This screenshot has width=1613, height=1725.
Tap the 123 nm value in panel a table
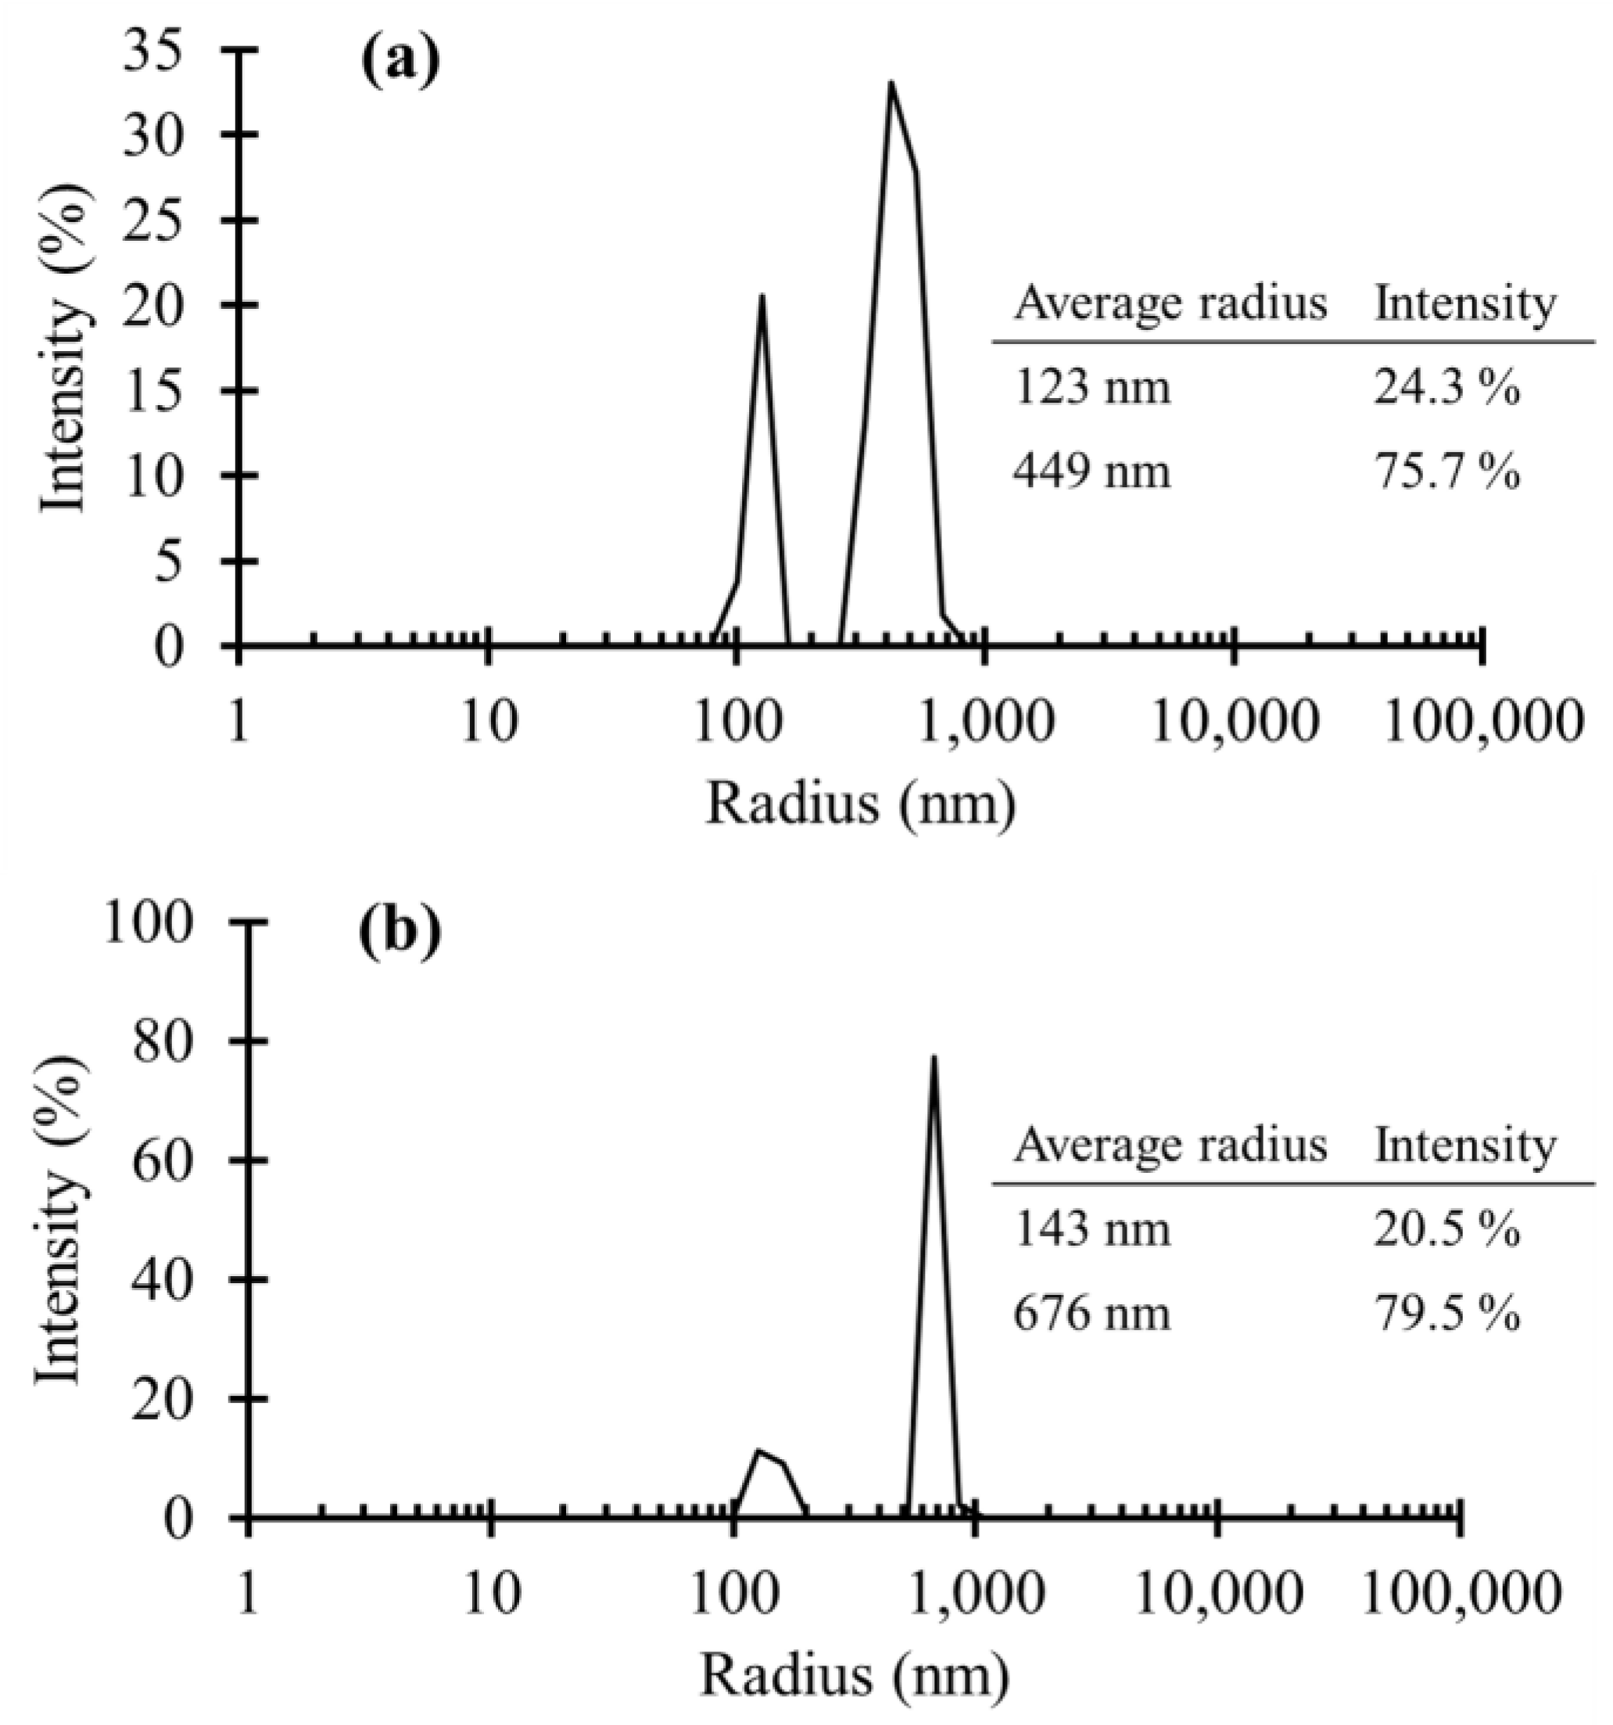(x=1091, y=388)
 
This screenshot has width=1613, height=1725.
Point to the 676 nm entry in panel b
(x=1091, y=1314)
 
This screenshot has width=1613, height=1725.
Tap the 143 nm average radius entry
(x=1091, y=1229)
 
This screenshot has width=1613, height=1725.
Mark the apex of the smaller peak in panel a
(x=762, y=297)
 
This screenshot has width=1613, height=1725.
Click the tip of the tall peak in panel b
(x=934, y=1058)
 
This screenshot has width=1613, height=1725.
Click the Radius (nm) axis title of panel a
(x=859, y=804)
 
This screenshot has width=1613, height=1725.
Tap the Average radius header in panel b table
(x=1170, y=1146)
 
